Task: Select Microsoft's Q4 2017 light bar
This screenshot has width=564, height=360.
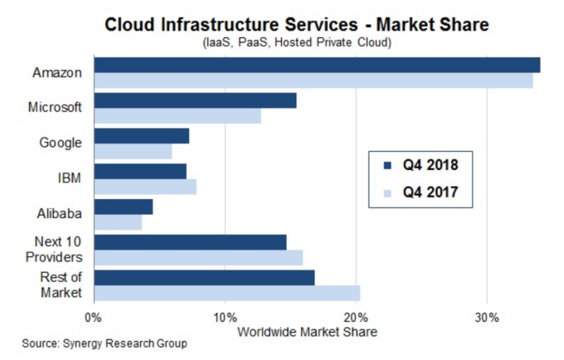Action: pyautogui.click(x=177, y=116)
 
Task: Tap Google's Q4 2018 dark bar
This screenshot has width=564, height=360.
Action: pyautogui.click(x=142, y=136)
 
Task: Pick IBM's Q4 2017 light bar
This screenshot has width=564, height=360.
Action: pyautogui.click(x=145, y=187)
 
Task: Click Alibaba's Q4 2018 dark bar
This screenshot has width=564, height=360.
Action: pyautogui.click(x=124, y=207)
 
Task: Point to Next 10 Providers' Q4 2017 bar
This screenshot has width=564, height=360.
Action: pyautogui.click(x=198, y=257)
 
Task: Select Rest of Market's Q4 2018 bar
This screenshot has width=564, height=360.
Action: pyautogui.click(x=204, y=277)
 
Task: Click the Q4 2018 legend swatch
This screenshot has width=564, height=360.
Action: pyautogui.click(x=385, y=164)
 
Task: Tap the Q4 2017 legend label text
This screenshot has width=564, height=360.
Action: pyautogui.click(x=430, y=194)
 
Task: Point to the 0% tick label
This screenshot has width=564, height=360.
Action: pyautogui.click(x=94, y=316)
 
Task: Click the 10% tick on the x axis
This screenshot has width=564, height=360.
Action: pyautogui.click(x=225, y=316)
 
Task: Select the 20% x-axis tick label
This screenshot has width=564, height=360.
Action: pyautogui.click(x=356, y=316)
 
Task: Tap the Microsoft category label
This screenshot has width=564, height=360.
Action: pyautogui.click(x=55, y=108)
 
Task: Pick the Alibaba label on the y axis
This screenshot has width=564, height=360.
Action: pyautogui.click(x=60, y=213)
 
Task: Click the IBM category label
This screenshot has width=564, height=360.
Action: pyautogui.click(x=69, y=178)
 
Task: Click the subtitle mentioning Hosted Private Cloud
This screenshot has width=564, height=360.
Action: pyautogui.click(x=296, y=42)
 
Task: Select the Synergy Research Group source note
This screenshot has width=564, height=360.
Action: pyautogui.click(x=105, y=343)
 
